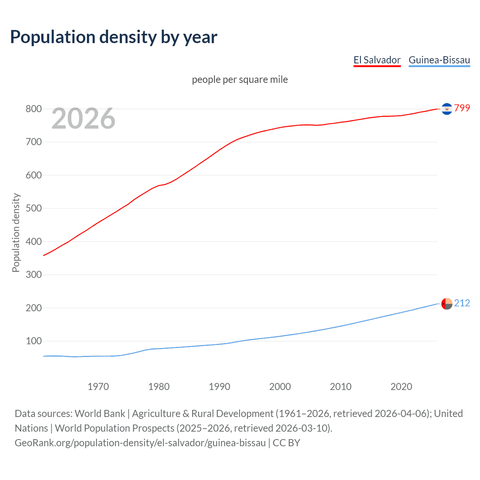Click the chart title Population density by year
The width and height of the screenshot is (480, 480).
click(x=114, y=37)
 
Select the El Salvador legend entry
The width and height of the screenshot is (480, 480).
click(x=377, y=60)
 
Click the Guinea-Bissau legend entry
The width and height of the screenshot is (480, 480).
click(x=439, y=60)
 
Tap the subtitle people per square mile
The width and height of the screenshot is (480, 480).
click(x=240, y=79)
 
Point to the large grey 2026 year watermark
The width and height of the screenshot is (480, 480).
click(x=83, y=118)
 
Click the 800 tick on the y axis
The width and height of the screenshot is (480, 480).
click(x=33, y=109)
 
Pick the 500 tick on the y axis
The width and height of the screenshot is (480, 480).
click(x=33, y=208)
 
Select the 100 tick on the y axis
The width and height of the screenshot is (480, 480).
click(x=33, y=341)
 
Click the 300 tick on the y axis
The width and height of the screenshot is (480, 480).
click(x=33, y=275)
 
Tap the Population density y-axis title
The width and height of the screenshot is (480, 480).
click(x=16, y=232)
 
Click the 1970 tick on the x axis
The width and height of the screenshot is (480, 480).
click(x=98, y=387)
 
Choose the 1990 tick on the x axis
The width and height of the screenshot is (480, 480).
click(x=219, y=387)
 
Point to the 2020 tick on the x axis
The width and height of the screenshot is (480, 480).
click(x=401, y=387)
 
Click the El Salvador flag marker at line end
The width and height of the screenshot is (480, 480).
click(x=447, y=109)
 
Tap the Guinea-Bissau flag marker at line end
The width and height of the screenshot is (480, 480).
click(x=447, y=304)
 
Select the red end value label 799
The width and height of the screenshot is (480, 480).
click(x=462, y=108)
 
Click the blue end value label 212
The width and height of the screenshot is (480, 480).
click(x=462, y=303)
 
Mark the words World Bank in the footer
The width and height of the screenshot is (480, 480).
click(x=100, y=414)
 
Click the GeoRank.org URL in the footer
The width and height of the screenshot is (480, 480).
click(x=140, y=443)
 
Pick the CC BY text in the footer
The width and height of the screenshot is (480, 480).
click(x=286, y=443)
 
